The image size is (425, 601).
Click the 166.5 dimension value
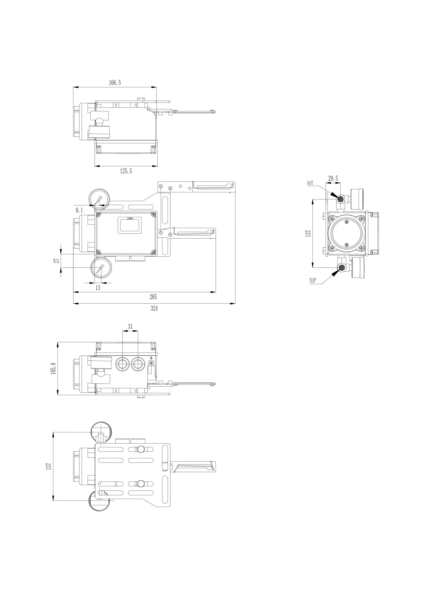(115, 83)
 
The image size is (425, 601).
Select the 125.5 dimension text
(126, 171)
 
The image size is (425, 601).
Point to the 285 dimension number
(153, 297)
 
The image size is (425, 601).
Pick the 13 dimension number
(98, 288)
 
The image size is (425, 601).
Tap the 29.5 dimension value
(333, 178)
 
